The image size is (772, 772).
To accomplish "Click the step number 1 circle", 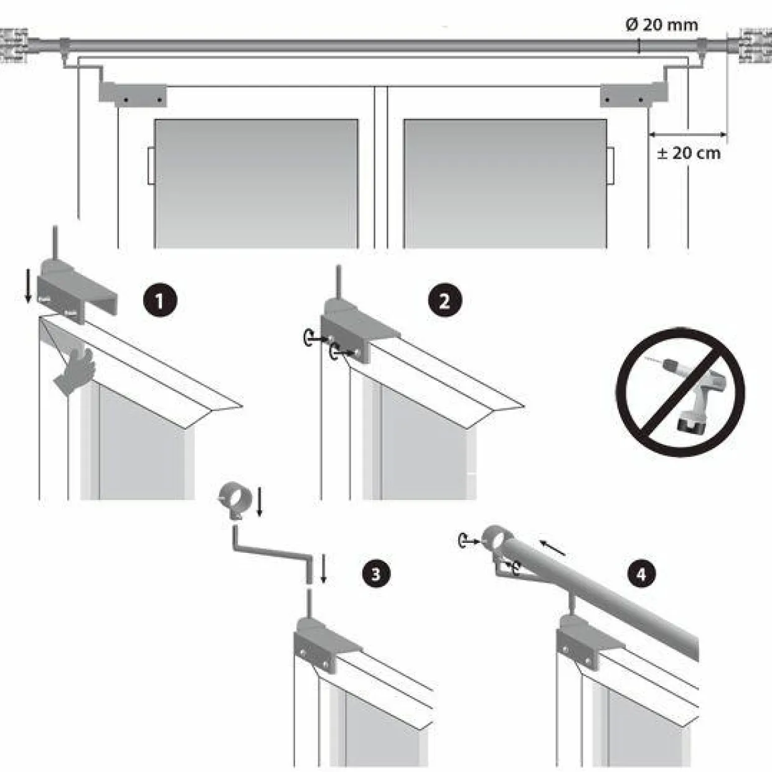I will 159,301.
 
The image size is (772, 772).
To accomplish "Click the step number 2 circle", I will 445,301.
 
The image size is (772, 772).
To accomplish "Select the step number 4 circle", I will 642,573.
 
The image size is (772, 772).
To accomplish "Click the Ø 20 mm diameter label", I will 661,25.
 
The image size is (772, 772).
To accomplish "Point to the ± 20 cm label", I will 689,153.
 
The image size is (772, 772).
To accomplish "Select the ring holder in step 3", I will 235,497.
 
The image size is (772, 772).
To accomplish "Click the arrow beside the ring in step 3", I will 260,501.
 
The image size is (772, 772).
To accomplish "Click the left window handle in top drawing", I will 151,166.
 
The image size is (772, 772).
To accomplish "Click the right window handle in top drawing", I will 611,166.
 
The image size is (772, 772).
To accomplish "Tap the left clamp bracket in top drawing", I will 133,94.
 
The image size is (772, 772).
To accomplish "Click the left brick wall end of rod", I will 14,45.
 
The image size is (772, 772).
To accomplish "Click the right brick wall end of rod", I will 755,45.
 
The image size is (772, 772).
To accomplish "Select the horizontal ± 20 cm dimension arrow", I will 687,134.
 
